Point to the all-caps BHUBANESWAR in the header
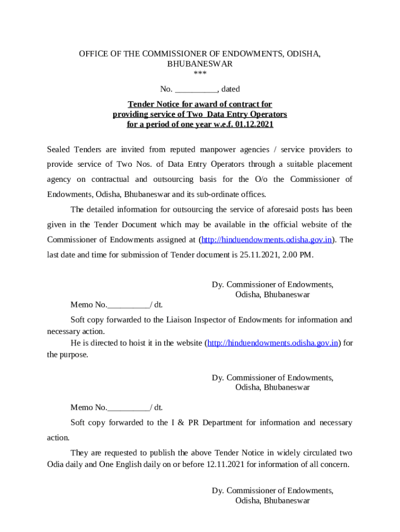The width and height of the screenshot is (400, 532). [199, 64]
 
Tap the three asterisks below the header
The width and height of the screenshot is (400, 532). [199, 74]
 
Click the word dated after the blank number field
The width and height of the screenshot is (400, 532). [231, 89]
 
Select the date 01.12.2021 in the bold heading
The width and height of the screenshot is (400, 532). [254, 125]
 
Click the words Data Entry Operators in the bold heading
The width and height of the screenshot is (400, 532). [246, 114]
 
